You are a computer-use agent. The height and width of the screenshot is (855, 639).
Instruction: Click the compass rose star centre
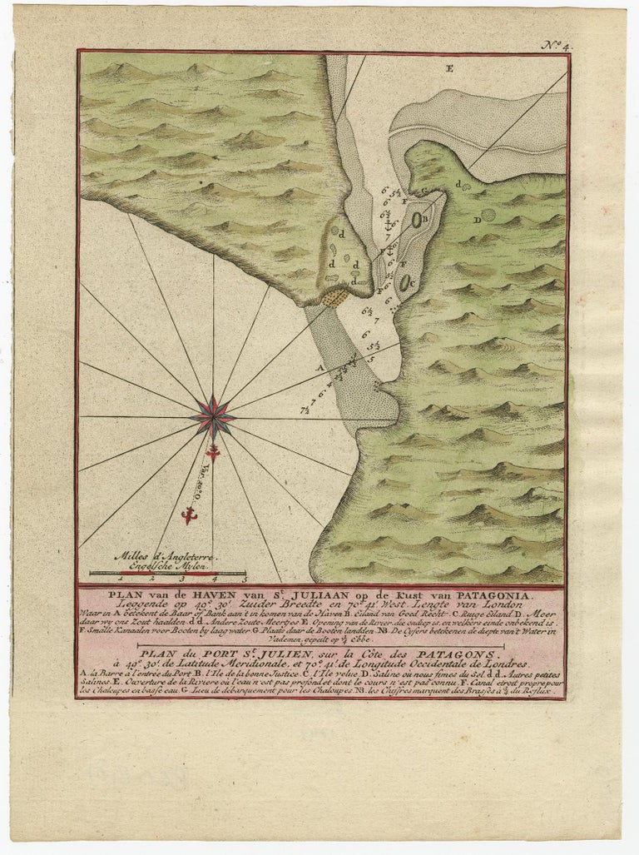[213, 417]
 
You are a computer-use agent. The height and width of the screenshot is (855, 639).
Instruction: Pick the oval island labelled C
[405, 281]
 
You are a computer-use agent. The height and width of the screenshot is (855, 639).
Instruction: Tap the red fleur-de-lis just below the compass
[212, 453]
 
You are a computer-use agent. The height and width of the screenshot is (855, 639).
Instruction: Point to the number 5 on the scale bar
[245, 577]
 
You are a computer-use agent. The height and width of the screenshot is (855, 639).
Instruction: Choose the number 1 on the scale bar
[121, 577]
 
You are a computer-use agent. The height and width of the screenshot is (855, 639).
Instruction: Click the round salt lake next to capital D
[489, 215]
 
